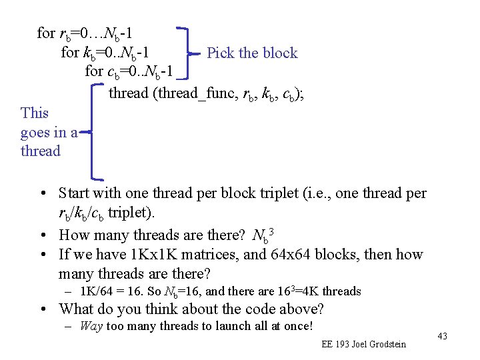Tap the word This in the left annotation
(x=35, y=113)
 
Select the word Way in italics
(x=91, y=327)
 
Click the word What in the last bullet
(x=77, y=309)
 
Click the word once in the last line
(x=297, y=327)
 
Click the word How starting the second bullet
(x=75, y=235)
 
